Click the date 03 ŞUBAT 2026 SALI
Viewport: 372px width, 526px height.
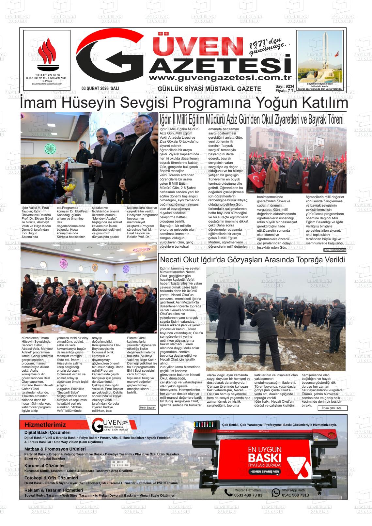(100, 88)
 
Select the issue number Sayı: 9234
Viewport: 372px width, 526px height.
(285, 86)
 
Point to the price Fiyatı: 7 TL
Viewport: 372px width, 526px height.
(285, 91)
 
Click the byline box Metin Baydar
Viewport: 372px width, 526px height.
(147, 408)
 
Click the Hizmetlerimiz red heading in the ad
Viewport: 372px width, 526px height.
(45, 425)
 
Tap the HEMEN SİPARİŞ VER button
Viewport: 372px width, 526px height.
(265, 472)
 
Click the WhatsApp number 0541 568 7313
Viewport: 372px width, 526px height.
(295, 495)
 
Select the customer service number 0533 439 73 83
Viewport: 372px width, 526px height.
(248, 495)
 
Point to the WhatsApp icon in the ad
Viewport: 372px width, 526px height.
(276, 492)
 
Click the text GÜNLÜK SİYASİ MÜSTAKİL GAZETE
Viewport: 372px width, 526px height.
(209, 89)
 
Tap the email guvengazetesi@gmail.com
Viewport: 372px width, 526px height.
(47, 84)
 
